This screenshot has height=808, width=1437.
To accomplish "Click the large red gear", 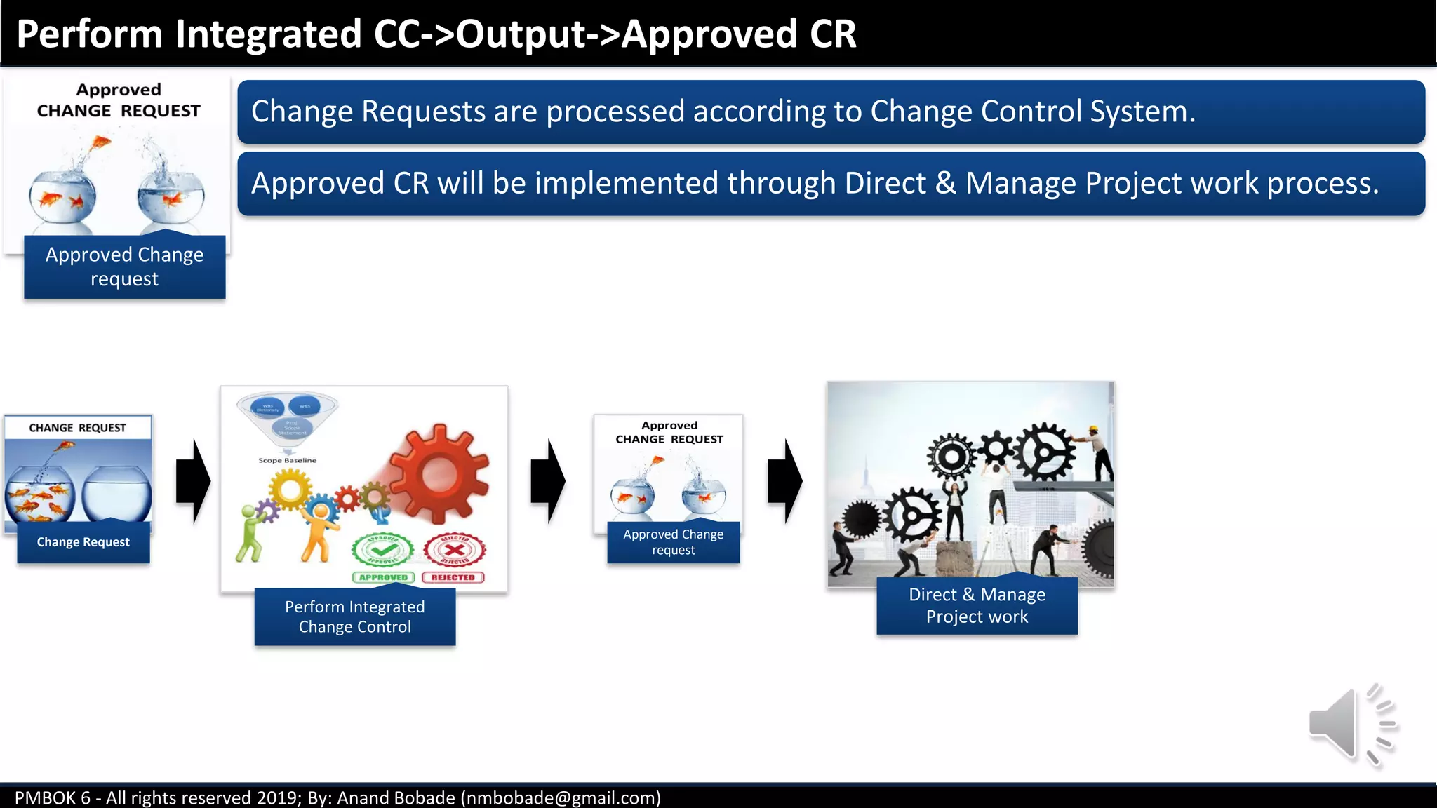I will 439,473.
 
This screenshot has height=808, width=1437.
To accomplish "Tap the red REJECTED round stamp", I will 455,549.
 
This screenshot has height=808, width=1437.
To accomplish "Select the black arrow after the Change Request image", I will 193,481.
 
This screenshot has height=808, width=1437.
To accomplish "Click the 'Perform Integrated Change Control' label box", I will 355,617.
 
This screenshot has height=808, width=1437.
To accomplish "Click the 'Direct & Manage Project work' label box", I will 977,605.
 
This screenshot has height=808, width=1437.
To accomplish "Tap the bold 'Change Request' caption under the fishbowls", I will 83,542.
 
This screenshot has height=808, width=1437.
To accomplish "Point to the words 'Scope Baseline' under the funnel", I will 287,461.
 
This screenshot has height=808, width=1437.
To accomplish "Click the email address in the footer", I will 560,798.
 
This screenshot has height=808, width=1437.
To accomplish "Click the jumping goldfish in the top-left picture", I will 102,143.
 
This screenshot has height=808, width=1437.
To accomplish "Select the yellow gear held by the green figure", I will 289,488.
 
